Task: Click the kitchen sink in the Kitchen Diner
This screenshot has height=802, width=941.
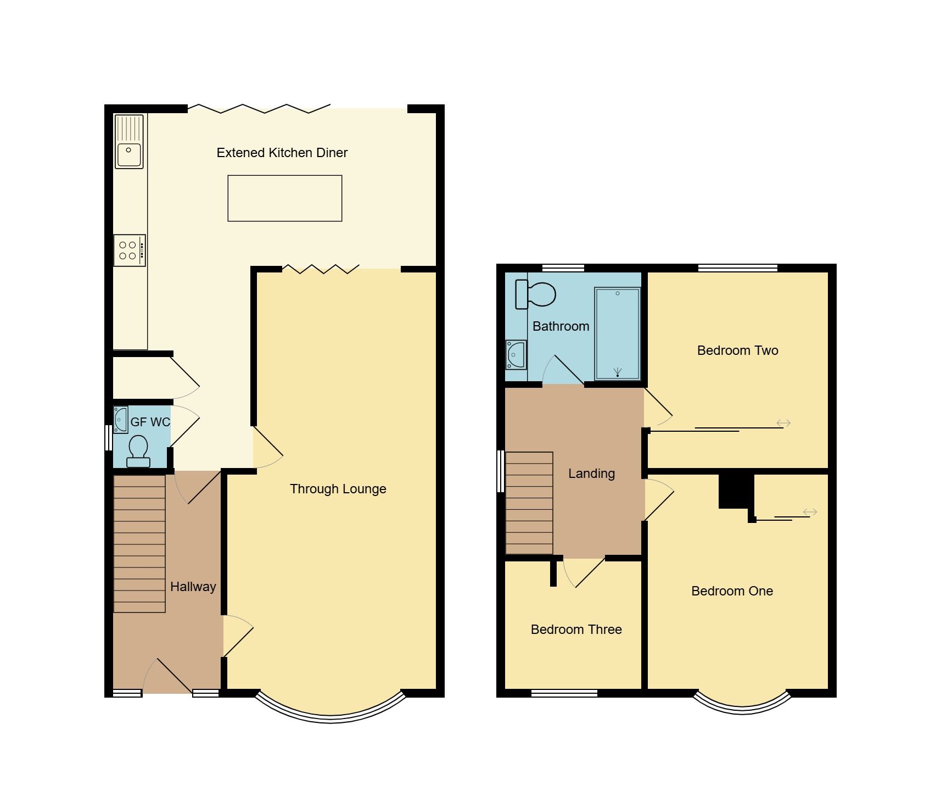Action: pyautogui.click(x=129, y=141)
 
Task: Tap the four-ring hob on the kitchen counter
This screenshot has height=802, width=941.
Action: pyautogui.click(x=130, y=250)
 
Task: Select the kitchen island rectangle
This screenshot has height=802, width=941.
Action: pyautogui.click(x=284, y=198)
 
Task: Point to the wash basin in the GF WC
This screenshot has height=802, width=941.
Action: pyautogui.click(x=121, y=420)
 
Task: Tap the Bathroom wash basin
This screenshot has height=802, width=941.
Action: pyautogui.click(x=516, y=354)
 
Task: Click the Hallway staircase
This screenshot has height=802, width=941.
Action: pyautogui.click(x=139, y=543)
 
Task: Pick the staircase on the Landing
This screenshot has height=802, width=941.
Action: pyautogui.click(x=529, y=503)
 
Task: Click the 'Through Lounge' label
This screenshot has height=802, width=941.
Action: pyautogui.click(x=338, y=489)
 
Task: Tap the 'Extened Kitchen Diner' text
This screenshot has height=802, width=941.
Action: pyautogui.click(x=282, y=153)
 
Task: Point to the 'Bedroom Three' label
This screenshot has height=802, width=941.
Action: pyautogui.click(x=576, y=630)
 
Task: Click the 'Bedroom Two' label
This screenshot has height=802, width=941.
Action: pyautogui.click(x=737, y=350)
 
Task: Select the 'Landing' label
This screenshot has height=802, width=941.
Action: pyautogui.click(x=591, y=474)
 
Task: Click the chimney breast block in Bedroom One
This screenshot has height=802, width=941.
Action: pyautogui.click(x=736, y=490)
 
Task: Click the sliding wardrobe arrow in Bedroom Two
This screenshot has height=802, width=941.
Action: pyautogui.click(x=783, y=423)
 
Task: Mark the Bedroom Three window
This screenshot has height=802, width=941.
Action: pyautogui.click(x=564, y=693)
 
